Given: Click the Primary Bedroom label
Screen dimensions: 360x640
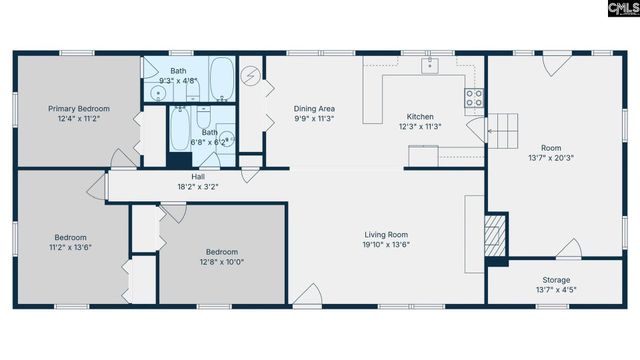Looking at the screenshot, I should point(80,108).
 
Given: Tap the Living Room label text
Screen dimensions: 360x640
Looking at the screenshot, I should point(386,234).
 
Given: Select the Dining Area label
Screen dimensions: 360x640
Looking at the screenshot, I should point(313,109).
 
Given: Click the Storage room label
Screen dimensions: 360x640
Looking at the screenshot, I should point(556,280).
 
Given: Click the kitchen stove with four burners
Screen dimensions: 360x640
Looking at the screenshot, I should point(474,98).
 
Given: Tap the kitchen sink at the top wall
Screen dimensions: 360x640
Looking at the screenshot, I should point(430,66).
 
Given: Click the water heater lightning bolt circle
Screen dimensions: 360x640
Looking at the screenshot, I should point(251,75).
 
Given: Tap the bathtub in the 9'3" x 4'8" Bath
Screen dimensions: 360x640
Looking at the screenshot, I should point(221,81).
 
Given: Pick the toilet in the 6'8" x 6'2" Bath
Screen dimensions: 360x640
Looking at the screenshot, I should point(228,141).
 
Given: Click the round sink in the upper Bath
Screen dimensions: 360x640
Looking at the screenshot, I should point(157,94).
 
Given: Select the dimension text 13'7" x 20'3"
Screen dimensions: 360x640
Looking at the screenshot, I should point(557,157).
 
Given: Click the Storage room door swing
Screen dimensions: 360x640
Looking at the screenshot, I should point(569,248).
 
